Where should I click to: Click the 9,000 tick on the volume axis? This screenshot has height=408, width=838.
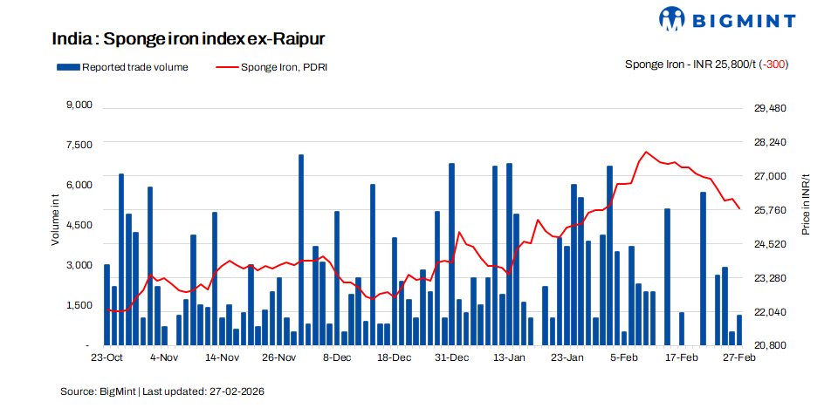pyautogui.click(x=79, y=105)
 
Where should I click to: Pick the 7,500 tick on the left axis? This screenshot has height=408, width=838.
pyautogui.click(x=79, y=145)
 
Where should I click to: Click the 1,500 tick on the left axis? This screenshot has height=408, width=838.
pyautogui.click(x=79, y=305)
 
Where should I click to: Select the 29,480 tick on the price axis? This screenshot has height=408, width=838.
pyautogui.click(x=771, y=108)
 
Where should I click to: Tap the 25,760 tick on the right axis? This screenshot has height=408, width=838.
pyautogui.click(x=771, y=210)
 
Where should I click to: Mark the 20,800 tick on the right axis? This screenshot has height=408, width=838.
pyautogui.click(x=771, y=345)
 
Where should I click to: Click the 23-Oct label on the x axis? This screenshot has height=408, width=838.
pyautogui.click(x=106, y=357)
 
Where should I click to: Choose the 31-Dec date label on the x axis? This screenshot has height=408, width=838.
pyautogui.click(x=451, y=357)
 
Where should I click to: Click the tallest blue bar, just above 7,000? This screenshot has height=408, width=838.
pyautogui.click(x=301, y=244)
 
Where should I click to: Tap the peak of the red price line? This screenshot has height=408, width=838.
pyautogui.click(x=646, y=152)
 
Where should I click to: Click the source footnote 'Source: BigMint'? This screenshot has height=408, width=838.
pyautogui.click(x=161, y=391)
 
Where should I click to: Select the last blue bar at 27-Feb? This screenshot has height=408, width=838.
pyautogui.click(x=739, y=330)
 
